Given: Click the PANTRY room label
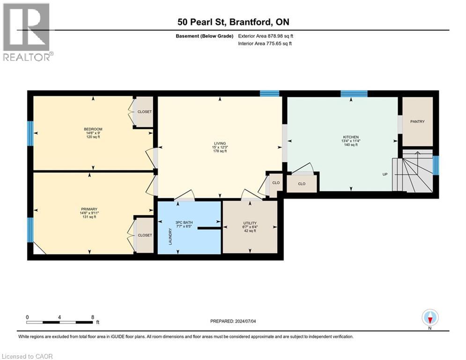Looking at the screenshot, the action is click(x=417, y=121).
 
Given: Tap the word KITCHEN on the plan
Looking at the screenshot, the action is click(x=351, y=137).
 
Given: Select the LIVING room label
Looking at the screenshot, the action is click(x=220, y=143).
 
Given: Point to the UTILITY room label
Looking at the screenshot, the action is click(x=250, y=223).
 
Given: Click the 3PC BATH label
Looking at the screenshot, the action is click(x=184, y=223).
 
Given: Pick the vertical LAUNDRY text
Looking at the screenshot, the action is click(x=170, y=237).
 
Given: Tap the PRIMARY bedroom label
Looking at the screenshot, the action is click(x=89, y=209).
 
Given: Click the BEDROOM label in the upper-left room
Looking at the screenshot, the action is click(x=93, y=129).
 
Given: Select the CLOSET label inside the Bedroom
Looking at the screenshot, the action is click(x=144, y=112).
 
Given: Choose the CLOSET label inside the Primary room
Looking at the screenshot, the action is click(x=145, y=235).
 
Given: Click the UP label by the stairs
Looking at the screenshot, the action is click(x=385, y=174).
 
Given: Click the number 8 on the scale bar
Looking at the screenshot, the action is click(x=93, y=317).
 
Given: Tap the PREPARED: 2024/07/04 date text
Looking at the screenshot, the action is click(x=233, y=321).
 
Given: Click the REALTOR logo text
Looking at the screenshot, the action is click(x=26, y=57).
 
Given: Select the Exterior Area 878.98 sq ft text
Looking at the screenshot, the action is click(x=266, y=36).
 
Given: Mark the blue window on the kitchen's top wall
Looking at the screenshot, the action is click(x=354, y=94).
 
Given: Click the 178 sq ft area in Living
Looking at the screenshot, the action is click(x=220, y=151).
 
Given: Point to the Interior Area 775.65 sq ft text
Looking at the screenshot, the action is click(x=265, y=44).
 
